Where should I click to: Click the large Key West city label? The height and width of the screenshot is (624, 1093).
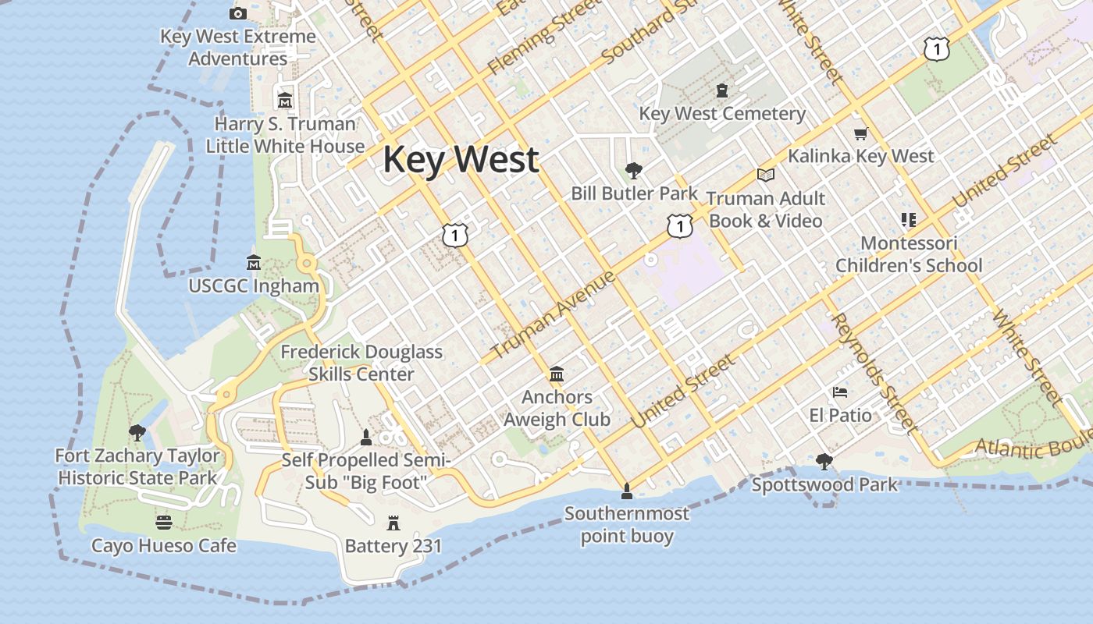461,160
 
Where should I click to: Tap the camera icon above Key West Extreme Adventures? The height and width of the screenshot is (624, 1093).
238,13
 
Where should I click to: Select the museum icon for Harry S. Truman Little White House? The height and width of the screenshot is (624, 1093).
285,101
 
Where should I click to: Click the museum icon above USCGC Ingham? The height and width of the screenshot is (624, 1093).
254,262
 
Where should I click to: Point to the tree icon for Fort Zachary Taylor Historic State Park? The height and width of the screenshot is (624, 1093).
137,432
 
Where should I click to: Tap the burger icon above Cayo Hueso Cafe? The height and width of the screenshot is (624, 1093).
164,522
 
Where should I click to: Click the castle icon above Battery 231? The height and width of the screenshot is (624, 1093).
393,523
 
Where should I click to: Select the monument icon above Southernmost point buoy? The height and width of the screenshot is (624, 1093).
626,491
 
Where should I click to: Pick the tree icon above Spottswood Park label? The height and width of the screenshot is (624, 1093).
824,462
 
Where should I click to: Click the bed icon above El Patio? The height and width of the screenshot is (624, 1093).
840,392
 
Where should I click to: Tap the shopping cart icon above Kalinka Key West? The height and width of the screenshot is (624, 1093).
860,133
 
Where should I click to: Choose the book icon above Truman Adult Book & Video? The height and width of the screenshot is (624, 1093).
765,175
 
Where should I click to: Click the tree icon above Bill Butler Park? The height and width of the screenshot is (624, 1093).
634,170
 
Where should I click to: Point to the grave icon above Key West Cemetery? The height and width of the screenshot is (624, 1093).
722,90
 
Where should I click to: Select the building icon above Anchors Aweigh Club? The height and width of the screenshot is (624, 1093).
557,374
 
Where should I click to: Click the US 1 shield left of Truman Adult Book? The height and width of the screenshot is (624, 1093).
680,226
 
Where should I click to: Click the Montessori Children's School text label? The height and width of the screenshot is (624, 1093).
909,254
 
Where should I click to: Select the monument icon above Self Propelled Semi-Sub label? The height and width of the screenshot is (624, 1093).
365,437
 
